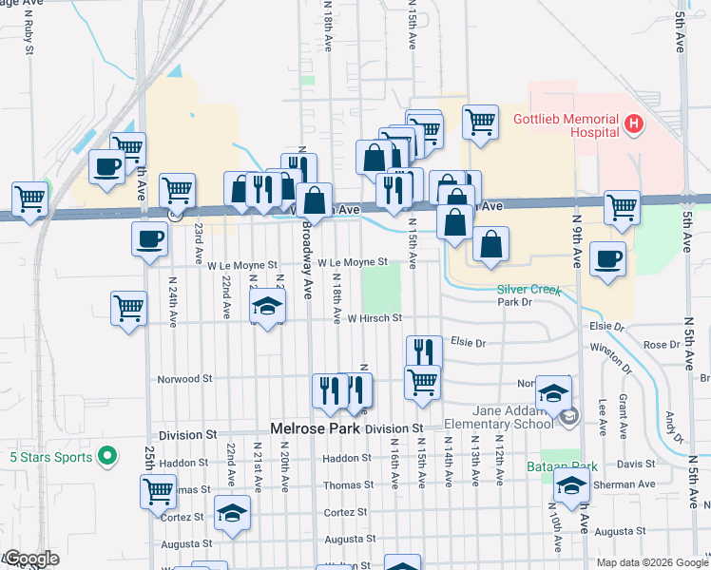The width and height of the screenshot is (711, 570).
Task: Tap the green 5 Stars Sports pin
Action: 108,457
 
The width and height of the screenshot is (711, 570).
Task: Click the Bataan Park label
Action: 548,467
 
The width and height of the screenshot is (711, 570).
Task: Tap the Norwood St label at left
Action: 184,378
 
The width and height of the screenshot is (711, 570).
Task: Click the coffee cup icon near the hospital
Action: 607,258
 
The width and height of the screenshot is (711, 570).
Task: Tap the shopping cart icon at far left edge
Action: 30,199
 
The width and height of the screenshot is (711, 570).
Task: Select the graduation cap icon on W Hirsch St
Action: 268,307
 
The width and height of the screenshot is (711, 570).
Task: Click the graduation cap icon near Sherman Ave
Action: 570,487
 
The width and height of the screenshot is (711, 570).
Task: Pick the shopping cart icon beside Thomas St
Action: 158,492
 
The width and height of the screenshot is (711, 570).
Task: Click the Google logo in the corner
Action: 30,559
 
